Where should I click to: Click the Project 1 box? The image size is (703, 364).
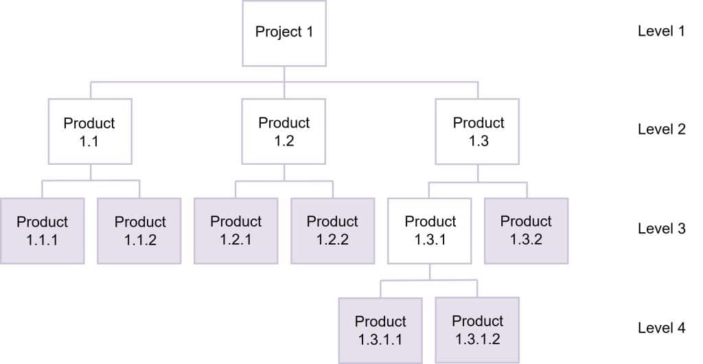284,32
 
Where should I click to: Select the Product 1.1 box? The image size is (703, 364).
89,131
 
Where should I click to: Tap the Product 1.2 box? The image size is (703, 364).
284,131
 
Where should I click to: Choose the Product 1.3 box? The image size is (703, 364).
478,131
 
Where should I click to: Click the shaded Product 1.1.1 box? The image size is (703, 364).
42,231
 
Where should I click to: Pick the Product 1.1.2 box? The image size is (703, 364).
139,231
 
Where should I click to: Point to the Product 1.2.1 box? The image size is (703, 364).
235,231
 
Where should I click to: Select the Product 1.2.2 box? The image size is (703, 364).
332,231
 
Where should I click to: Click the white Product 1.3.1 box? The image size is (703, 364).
430,231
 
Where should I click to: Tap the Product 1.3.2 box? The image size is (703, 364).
526,231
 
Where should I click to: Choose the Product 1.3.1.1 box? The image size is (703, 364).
380,330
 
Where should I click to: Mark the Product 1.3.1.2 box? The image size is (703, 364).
477,330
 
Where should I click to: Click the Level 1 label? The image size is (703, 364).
661,32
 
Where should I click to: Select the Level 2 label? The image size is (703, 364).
661,130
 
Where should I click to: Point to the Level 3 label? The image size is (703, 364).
661,229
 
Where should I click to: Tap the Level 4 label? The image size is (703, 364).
661,328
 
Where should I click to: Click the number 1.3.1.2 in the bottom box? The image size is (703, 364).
477,339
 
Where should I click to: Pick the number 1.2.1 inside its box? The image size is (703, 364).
235,240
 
